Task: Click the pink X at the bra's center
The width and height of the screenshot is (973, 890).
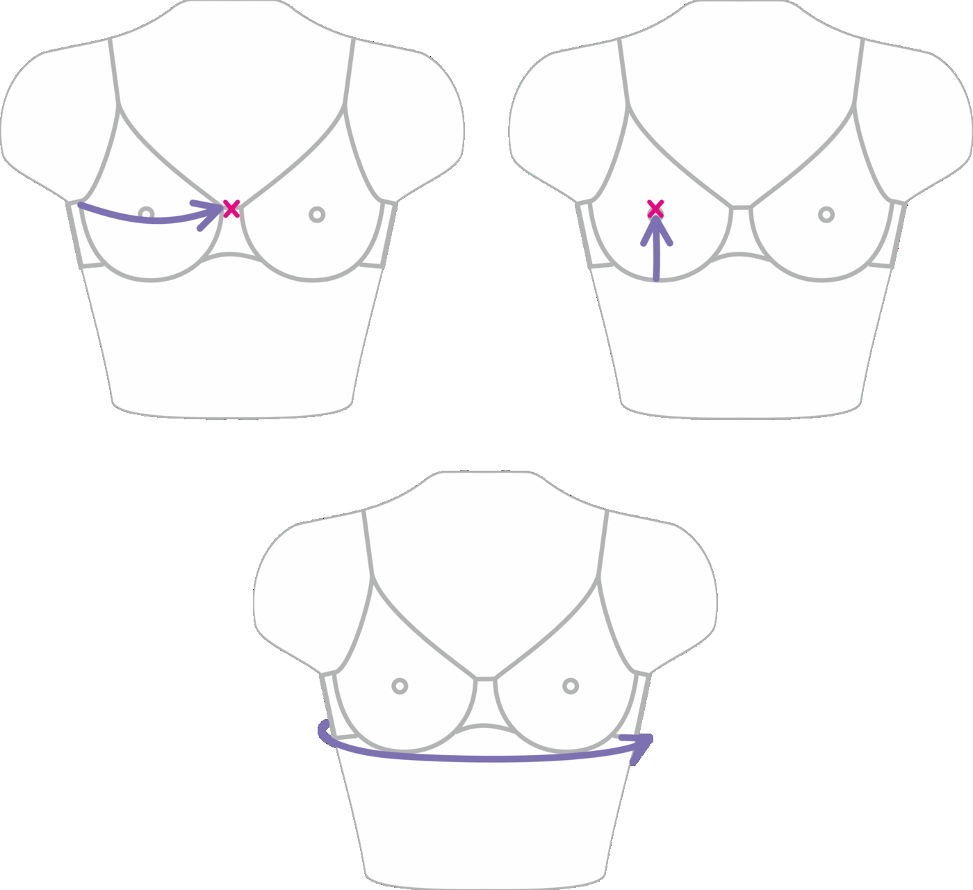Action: [x=231, y=209]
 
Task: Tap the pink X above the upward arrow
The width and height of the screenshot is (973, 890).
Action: [x=655, y=207]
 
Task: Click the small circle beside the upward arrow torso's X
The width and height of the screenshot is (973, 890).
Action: [x=826, y=214]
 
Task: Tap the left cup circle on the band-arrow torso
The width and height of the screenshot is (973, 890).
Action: [x=400, y=686]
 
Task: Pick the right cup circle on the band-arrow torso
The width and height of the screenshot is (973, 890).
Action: [x=571, y=686]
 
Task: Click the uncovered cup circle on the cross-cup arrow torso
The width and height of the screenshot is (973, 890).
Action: [x=317, y=214]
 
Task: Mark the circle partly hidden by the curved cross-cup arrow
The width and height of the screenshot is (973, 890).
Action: [x=146, y=212]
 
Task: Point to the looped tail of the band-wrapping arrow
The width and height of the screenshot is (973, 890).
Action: [x=324, y=731]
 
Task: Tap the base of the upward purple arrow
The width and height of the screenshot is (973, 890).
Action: [x=656, y=277]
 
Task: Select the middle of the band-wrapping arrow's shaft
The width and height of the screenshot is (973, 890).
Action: [x=486, y=757]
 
